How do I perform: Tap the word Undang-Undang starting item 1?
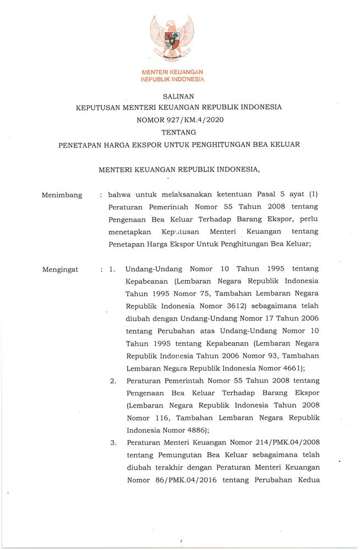(x=155, y=269)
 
